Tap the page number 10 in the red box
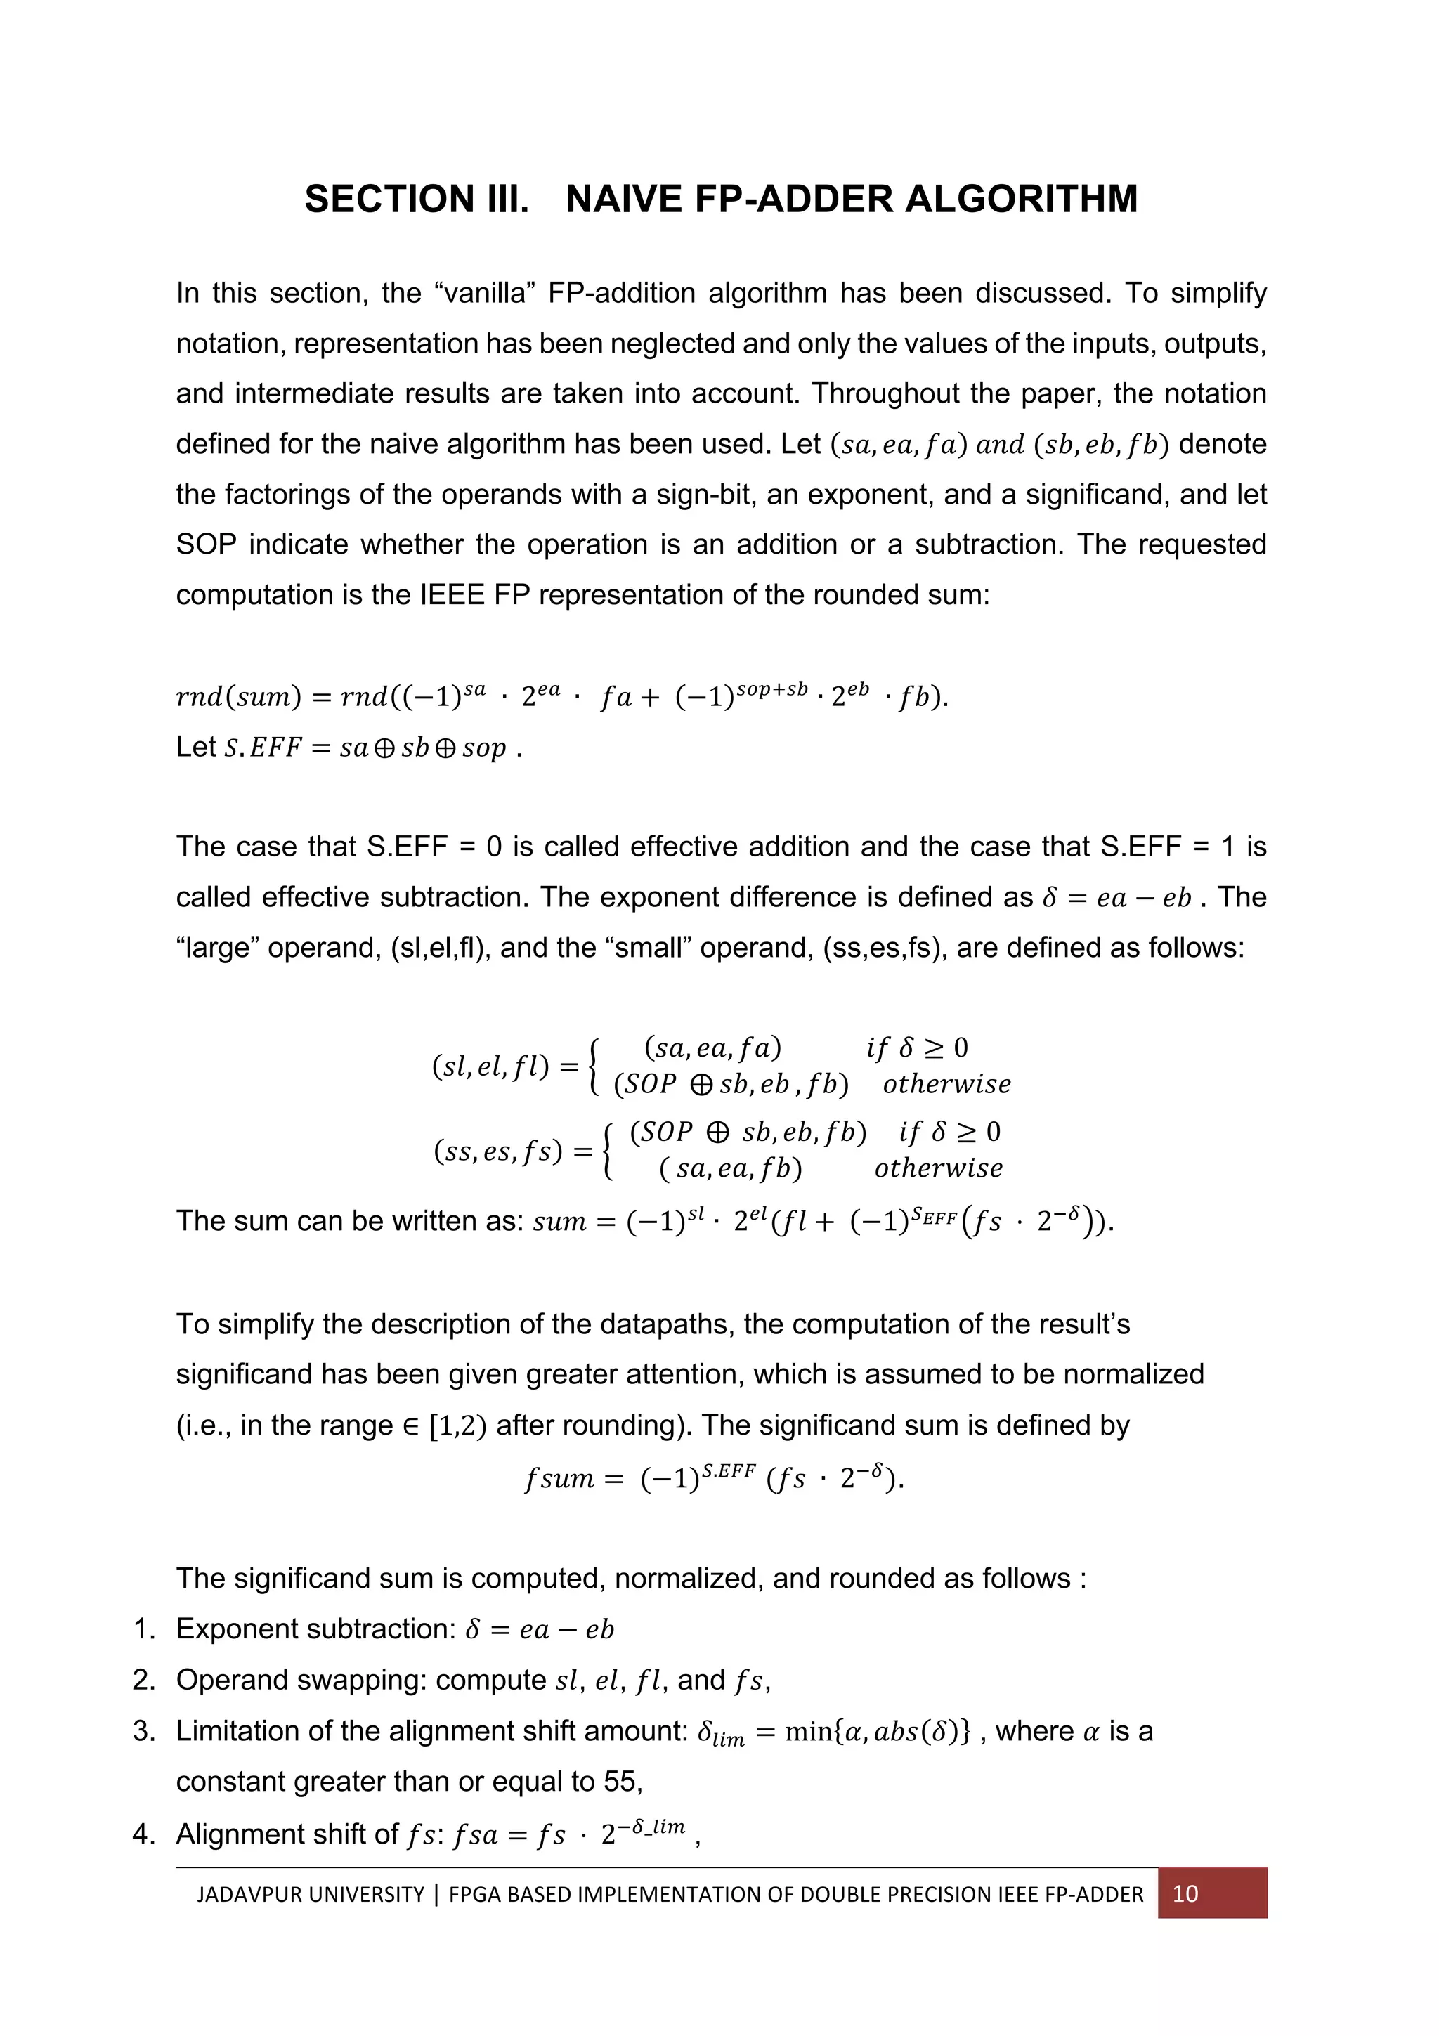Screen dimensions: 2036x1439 click(1185, 1894)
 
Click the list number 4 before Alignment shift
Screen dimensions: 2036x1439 click(143, 1834)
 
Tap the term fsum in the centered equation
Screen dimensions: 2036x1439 click(559, 1478)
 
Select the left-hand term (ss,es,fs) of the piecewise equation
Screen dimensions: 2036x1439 click(498, 1151)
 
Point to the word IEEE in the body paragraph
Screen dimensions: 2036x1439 click(451, 594)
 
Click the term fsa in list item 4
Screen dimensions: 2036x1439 click(474, 1834)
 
